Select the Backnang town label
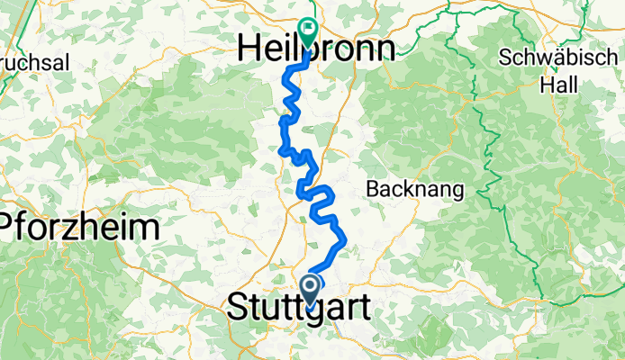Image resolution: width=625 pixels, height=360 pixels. pyautogui.click(x=415, y=190)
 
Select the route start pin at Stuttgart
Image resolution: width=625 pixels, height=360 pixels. pyautogui.click(x=311, y=291)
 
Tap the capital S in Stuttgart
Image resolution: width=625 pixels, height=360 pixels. pyautogui.click(x=240, y=306)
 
